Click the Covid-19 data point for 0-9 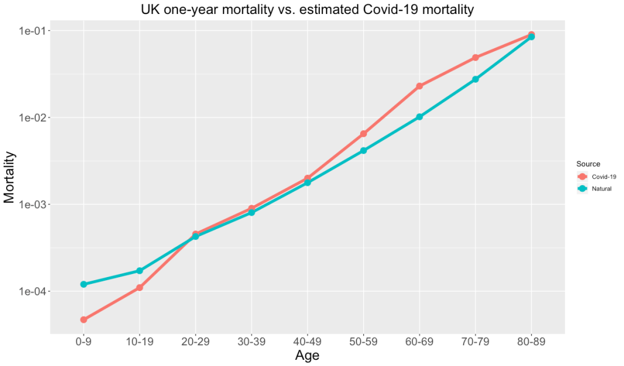pos(83,320)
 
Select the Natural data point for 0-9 pos(83,284)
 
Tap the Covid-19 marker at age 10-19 pos(140,287)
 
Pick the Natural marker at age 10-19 pos(140,270)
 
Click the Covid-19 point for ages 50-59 pos(364,133)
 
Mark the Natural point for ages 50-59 pos(364,150)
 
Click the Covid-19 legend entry pos(597,177)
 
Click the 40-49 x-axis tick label pos(308,342)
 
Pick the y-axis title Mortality pos(10,177)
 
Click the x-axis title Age pos(307,356)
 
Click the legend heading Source pos(589,164)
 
